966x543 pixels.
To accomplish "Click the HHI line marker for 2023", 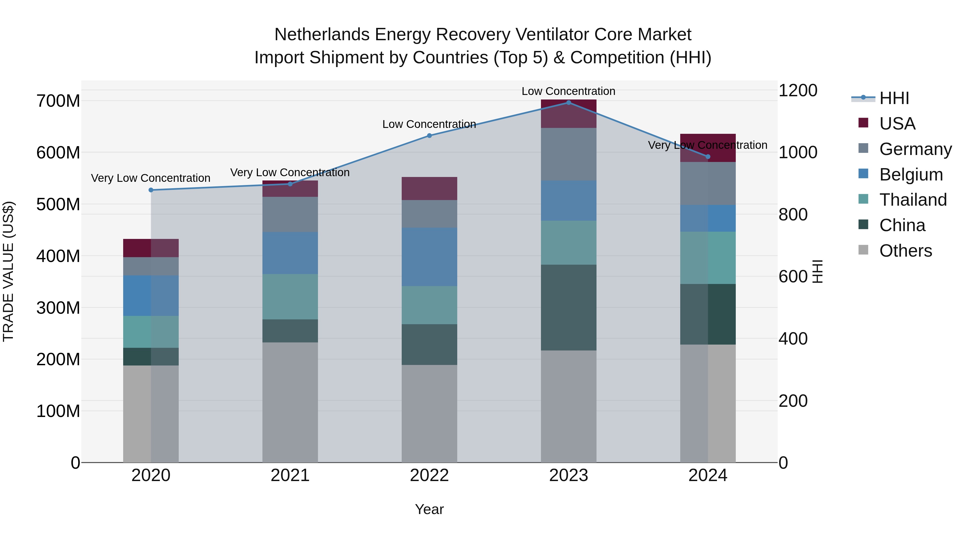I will (569, 103).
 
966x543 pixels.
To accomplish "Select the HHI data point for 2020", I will (151, 190).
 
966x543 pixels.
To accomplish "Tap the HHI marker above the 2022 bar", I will (429, 136).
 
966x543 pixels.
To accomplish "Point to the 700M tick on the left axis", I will (58, 101).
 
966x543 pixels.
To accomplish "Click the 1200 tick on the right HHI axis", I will (798, 91).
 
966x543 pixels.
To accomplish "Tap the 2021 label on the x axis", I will (290, 475).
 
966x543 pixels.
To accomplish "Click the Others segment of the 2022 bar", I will (429, 413).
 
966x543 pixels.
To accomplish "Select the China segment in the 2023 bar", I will (569, 307).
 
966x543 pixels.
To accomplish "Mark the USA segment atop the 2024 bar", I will (708, 148).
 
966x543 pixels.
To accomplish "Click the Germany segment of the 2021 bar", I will (290, 214).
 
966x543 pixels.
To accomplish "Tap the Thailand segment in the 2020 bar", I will (151, 332).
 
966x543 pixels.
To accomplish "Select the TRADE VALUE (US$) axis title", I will (8, 271).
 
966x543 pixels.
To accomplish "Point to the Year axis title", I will (429, 509).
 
